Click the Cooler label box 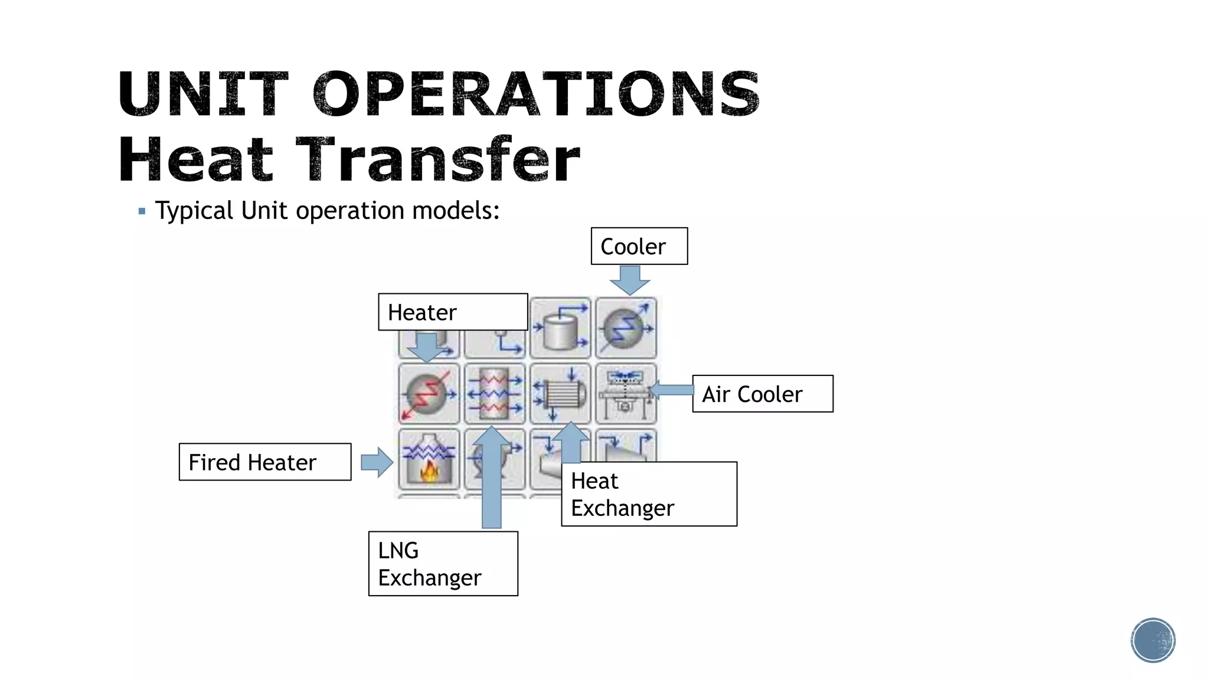(x=639, y=246)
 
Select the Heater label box (x=452, y=312)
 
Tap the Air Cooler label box (x=762, y=394)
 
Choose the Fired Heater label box (x=264, y=462)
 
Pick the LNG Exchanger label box (x=443, y=564)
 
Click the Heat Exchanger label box (x=649, y=494)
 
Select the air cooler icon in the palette (x=626, y=394)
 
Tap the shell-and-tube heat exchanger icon (x=560, y=394)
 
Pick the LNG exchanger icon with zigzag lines (x=495, y=394)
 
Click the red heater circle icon (x=429, y=394)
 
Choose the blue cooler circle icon (x=626, y=328)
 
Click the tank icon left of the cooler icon (x=560, y=328)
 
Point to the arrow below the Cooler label (x=630, y=280)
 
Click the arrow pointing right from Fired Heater (x=377, y=462)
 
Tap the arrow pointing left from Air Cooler (x=671, y=390)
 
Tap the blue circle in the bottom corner (x=1153, y=640)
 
